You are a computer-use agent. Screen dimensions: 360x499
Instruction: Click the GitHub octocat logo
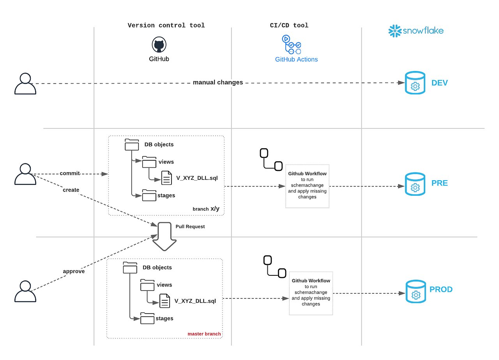159,45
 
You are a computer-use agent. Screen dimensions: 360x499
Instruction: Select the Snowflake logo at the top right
416,31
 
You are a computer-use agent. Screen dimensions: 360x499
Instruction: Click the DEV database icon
415,83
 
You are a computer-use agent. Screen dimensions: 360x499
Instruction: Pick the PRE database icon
415,184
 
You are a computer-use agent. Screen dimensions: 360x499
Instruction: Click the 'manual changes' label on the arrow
218,82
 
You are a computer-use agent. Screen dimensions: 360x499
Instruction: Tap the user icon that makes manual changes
25,83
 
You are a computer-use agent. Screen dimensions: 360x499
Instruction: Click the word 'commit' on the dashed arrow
70,173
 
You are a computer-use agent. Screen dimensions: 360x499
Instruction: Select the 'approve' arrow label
74,271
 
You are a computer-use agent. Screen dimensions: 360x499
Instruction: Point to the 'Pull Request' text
190,227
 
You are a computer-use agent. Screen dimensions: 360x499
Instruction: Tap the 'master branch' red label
204,334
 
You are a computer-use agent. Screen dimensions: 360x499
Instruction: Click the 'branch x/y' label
206,209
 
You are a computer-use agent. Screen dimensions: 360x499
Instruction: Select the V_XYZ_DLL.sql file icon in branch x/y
166,178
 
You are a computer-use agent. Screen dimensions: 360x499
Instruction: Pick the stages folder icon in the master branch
147,319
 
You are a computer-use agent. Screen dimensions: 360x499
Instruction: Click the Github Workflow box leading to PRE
307,186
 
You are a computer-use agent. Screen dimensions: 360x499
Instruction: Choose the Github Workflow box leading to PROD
311,293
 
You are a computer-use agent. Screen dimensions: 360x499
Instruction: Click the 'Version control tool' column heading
166,25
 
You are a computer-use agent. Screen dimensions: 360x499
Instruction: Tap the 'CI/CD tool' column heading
289,25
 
